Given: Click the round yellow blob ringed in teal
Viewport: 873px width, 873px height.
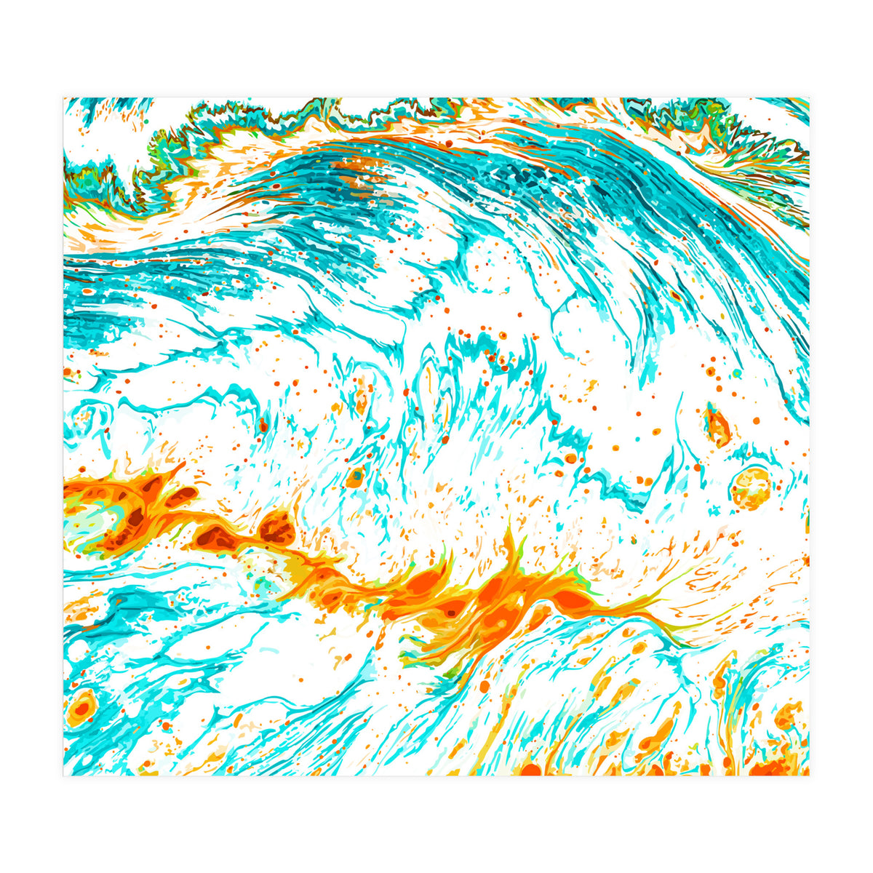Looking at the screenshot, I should click(x=750, y=488).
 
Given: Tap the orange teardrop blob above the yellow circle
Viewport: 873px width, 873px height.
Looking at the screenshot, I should click(x=717, y=426).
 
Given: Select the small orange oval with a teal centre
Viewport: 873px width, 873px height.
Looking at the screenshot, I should click(x=356, y=477).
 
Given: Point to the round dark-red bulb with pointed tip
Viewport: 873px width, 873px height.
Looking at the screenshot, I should click(x=277, y=526).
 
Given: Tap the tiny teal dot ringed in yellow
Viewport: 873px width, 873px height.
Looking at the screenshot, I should click(x=736, y=373).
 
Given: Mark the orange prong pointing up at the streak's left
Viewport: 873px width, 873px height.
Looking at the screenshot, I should click(x=175, y=469).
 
